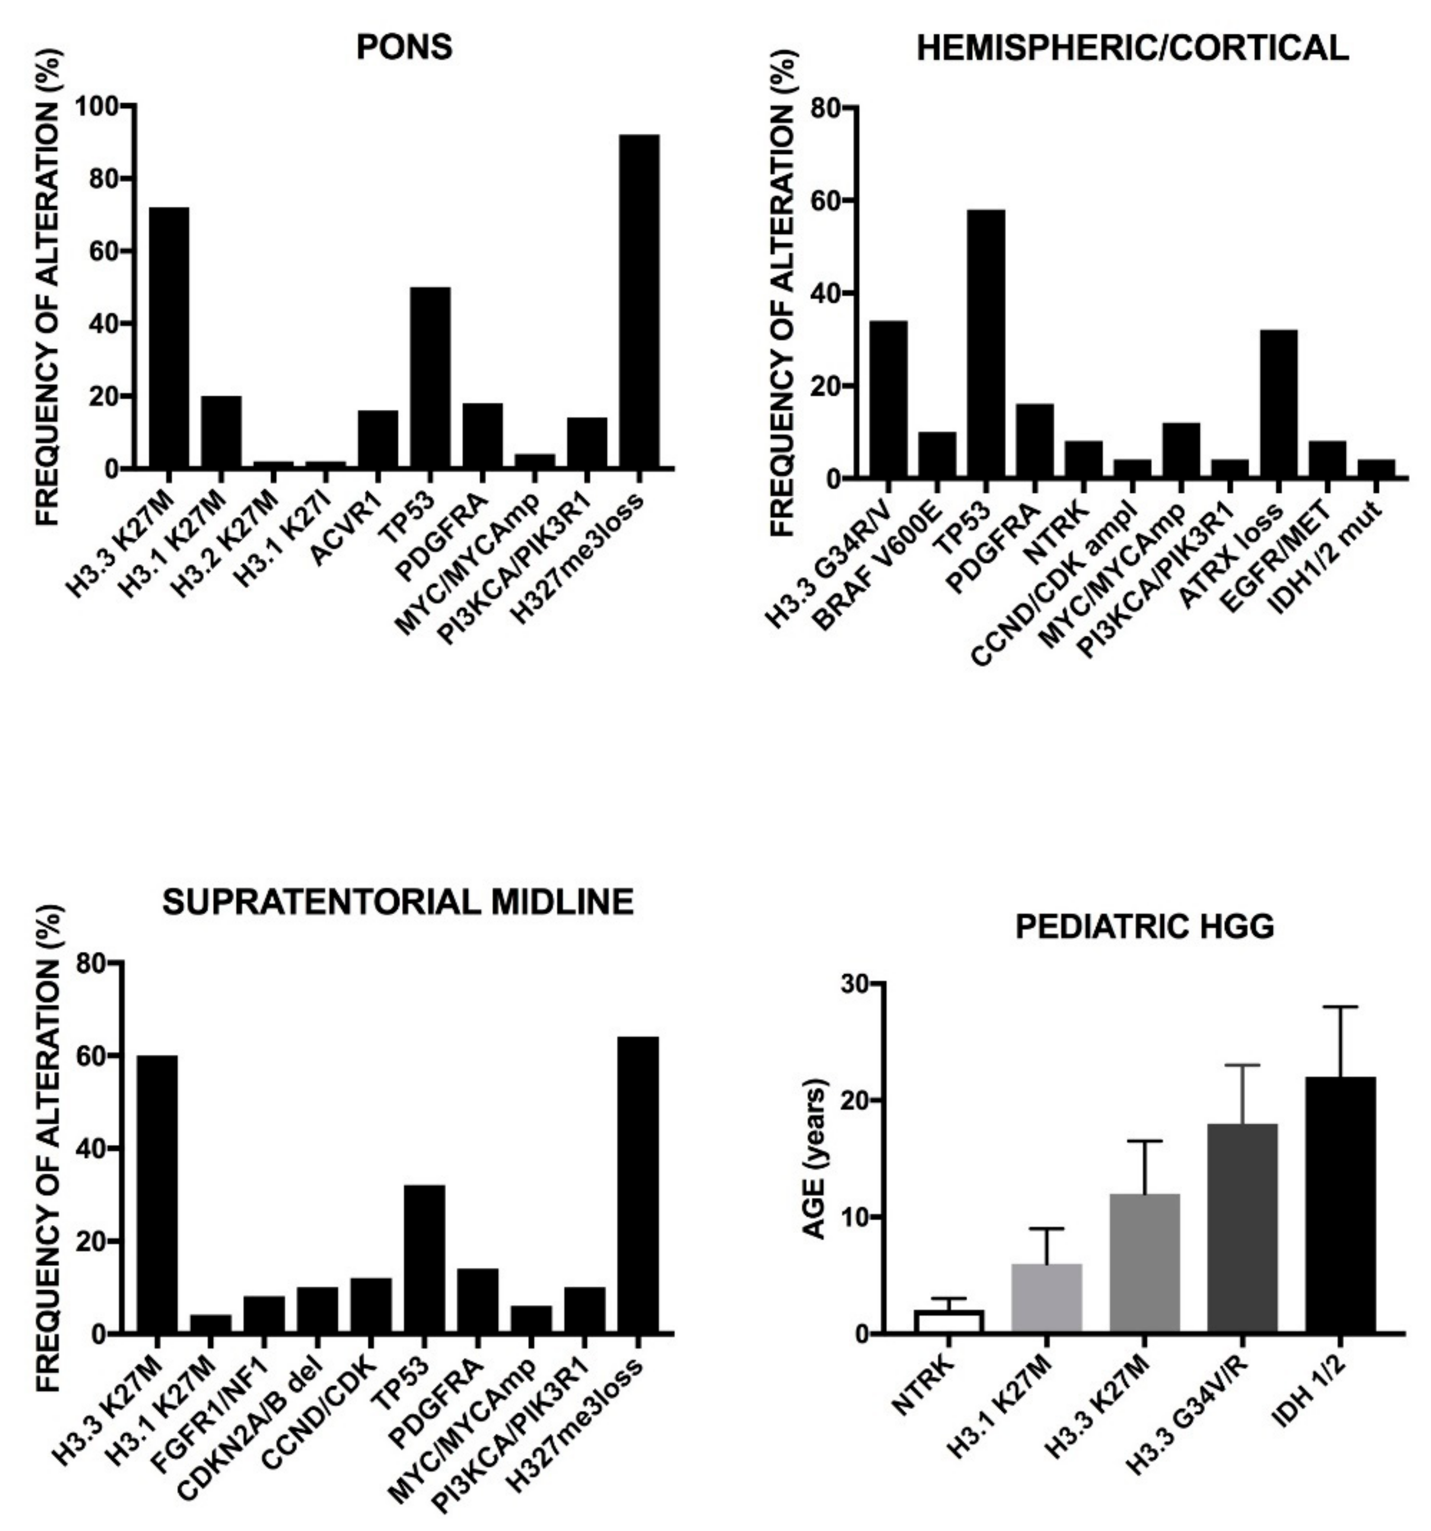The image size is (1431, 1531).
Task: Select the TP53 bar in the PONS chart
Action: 430,377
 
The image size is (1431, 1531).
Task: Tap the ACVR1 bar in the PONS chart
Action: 378,439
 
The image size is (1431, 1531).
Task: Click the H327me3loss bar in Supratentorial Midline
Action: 638,1186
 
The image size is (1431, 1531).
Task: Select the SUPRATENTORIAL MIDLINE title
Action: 398,902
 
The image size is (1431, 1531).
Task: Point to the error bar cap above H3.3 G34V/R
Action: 1242,1065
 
